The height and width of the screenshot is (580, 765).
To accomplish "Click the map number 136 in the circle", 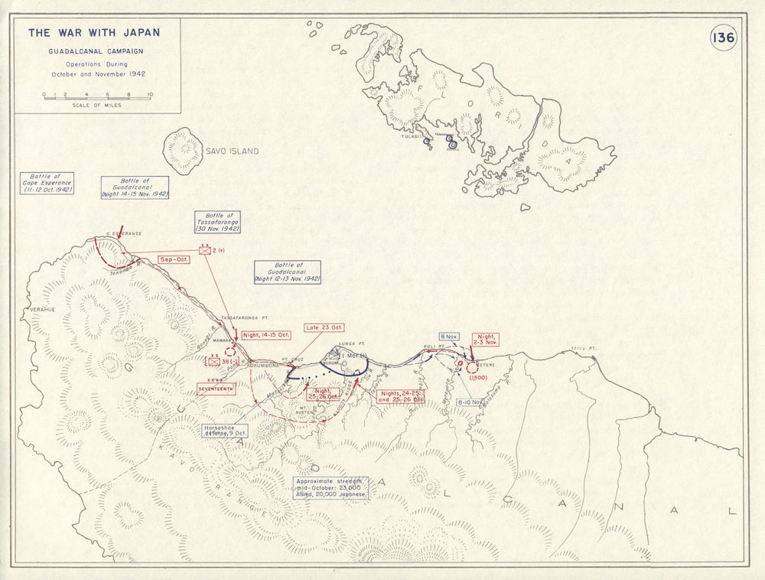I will pyautogui.click(x=723, y=37).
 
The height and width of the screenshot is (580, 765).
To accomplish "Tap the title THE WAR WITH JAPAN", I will pyautogui.click(x=94, y=33).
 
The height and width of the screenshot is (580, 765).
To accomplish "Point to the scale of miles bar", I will pyautogui.click(x=96, y=97).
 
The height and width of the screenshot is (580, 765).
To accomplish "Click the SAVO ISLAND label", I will pyautogui.click(x=231, y=152).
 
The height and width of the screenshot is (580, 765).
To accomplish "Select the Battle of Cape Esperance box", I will pyautogui.click(x=47, y=183).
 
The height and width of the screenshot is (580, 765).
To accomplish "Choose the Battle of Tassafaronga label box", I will pyautogui.click(x=217, y=222).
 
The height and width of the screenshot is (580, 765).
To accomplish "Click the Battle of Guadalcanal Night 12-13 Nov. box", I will pyautogui.click(x=288, y=272).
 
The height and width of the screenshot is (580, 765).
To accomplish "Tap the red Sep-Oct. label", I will pyautogui.click(x=174, y=259).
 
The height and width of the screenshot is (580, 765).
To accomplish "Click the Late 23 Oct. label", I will pyautogui.click(x=323, y=327).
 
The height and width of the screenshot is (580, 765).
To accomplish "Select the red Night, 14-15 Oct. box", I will pyautogui.click(x=266, y=335).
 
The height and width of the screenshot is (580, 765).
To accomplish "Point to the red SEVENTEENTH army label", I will pyautogui.click(x=216, y=389).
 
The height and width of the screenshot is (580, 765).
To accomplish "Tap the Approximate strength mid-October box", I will pyautogui.click(x=330, y=487).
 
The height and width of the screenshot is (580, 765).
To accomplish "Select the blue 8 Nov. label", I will pyautogui.click(x=448, y=336).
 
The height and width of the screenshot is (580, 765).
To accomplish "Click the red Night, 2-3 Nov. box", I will pyautogui.click(x=487, y=340).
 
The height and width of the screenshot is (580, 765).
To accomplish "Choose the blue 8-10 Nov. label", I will pyautogui.click(x=468, y=402).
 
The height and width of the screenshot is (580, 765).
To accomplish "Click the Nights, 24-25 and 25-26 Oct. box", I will pyautogui.click(x=400, y=397).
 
